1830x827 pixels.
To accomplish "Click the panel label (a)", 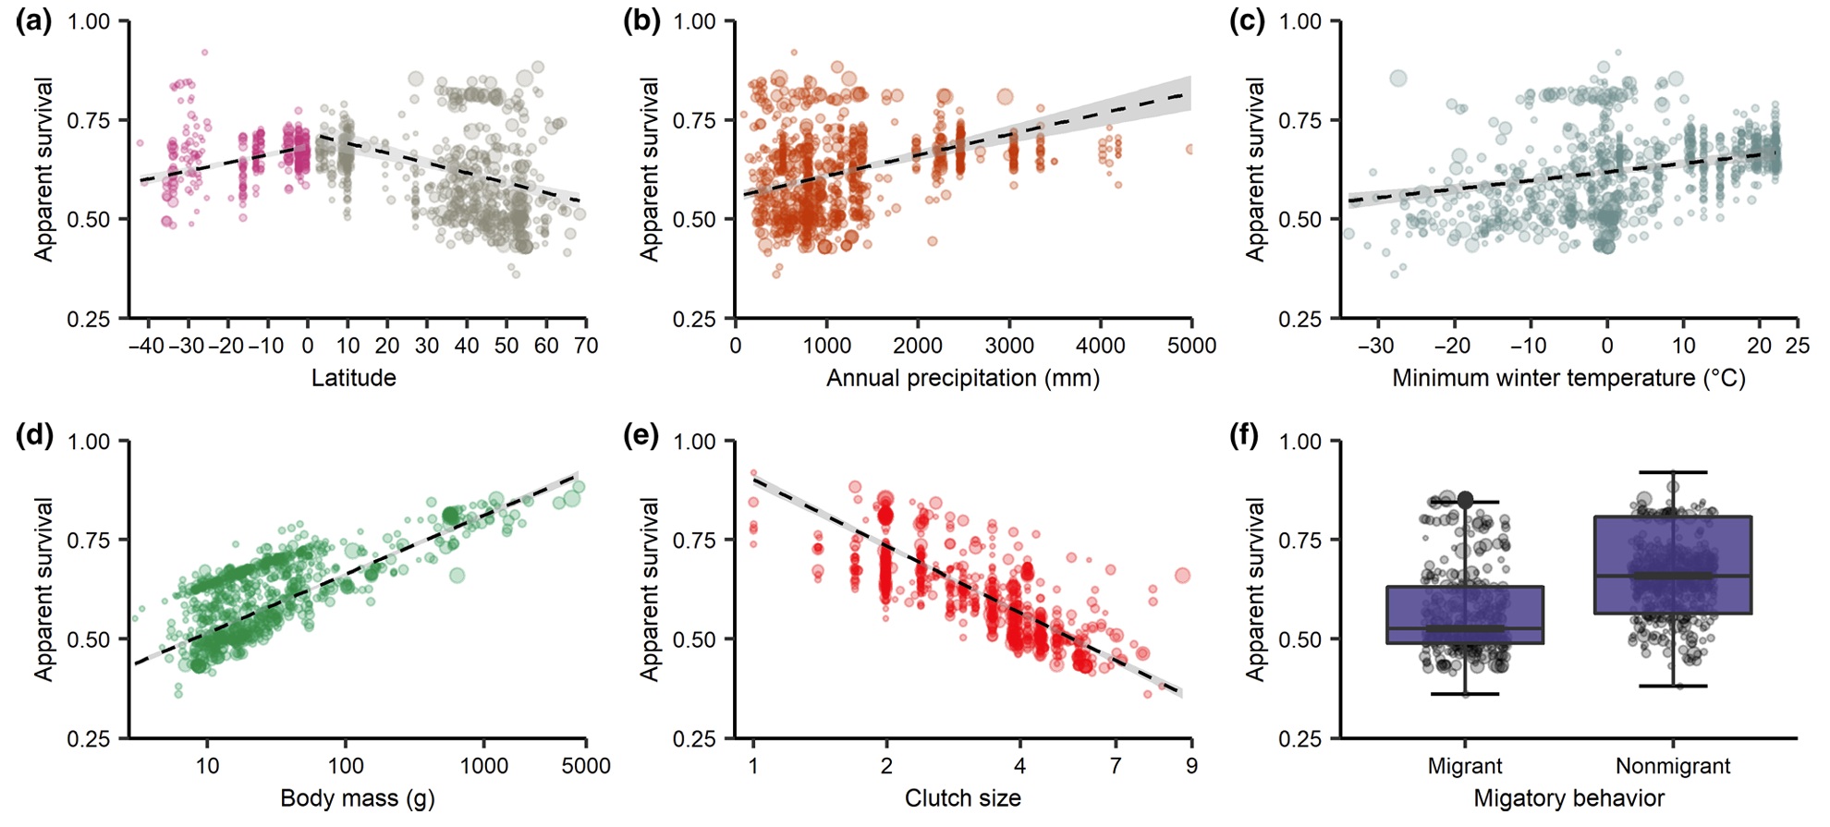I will (x=34, y=21).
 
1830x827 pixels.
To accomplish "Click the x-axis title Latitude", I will (x=353, y=378).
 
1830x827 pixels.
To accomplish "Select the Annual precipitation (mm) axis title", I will (x=962, y=378).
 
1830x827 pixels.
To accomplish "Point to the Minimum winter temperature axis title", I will (x=1568, y=378).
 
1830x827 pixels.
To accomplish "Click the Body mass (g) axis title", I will (x=357, y=798).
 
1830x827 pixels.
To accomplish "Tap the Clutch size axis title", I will (x=962, y=798).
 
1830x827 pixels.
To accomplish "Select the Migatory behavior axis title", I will (x=1568, y=798).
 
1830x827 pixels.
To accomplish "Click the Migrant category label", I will (x=1464, y=766).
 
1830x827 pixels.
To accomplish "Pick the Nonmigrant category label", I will (x=1672, y=766).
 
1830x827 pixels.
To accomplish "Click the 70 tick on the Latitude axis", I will (x=586, y=346).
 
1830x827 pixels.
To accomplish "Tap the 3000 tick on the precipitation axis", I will (x=1008, y=346).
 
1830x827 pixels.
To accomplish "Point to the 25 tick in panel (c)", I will (x=1797, y=346).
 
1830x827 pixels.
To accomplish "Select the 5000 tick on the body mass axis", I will (x=586, y=766).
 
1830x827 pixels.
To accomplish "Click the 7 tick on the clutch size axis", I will (x=1116, y=766).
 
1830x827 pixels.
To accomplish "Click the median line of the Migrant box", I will (x=1464, y=628).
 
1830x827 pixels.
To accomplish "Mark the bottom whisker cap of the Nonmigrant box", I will (x=1672, y=687).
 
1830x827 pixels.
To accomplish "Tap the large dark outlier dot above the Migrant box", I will (x=1465, y=500).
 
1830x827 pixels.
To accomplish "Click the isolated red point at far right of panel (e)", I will (x=1182, y=576).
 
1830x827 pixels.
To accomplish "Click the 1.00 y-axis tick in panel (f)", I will (x=1299, y=442).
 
